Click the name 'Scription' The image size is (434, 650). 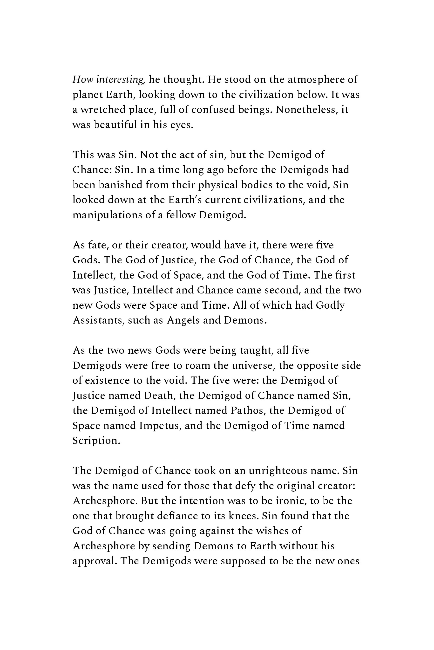96,441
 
